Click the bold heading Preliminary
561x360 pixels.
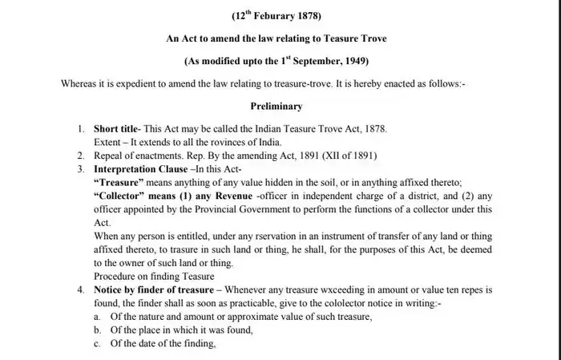276,106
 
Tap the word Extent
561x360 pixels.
108,141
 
